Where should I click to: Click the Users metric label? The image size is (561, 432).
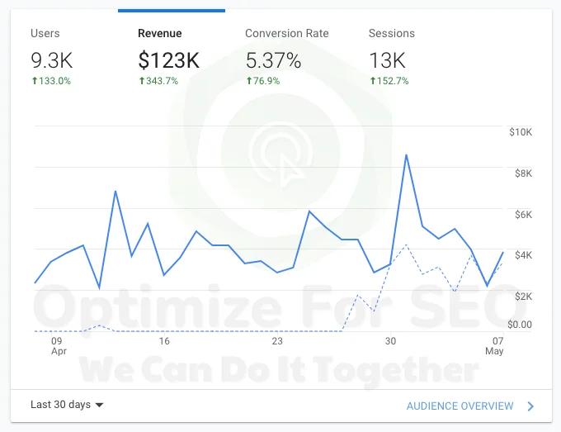coord(45,34)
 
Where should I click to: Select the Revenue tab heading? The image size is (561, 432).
coord(160,34)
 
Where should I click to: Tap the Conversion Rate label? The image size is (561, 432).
coord(286,34)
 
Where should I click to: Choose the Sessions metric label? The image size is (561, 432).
coord(391,34)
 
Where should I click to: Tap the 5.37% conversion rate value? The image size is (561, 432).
coord(273,59)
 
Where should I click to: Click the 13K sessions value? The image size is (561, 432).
coord(387,59)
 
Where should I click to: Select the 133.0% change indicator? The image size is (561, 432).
coord(50,81)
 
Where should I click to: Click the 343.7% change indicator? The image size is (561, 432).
coord(158,81)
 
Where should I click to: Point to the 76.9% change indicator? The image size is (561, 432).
coord(262,81)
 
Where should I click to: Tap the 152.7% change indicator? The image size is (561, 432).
coord(389,81)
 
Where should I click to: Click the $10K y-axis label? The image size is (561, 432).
coord(521,132)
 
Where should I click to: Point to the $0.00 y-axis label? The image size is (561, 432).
coord(520,325)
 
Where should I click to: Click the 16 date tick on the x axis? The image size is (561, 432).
coord(164,341)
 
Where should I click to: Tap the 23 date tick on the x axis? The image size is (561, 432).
coord(277,341)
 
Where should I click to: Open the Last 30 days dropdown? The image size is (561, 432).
coord(67,405)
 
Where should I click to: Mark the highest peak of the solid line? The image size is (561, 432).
coord(406,154)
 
